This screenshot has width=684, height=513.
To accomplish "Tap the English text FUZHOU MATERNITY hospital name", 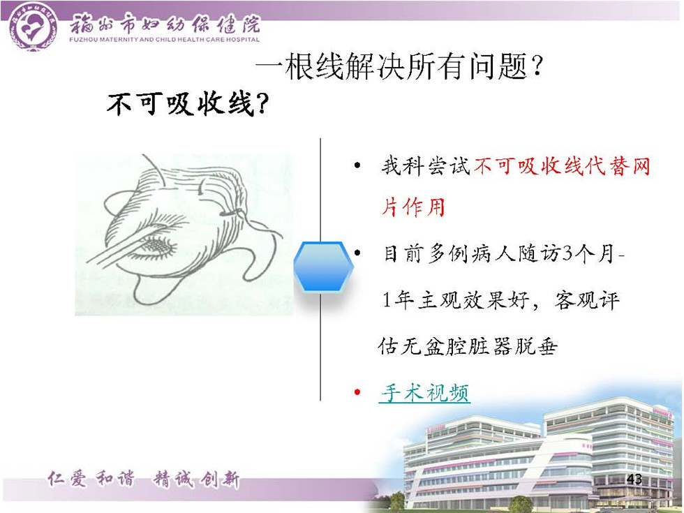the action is click(x=165, y=40).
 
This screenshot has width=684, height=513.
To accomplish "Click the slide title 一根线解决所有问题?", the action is click(x=399, y=67).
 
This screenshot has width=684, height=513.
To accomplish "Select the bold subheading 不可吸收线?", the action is click(x=187, y=104).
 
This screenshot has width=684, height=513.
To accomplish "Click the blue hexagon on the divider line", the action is click(x=322, y=267).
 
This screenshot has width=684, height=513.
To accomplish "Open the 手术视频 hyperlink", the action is click(x=424, y=392).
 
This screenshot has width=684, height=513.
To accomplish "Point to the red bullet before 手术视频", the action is click(x=357, y=392).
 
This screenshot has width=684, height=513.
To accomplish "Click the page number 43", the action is click(x=634, y=479).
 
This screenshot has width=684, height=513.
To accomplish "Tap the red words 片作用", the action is click(x=413, y=207).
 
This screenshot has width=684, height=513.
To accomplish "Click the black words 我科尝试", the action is click(x=426, y=166).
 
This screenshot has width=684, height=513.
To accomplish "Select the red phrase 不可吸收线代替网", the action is click(x=562, y=166).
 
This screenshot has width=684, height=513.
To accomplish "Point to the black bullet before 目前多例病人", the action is click(x=357, y=253).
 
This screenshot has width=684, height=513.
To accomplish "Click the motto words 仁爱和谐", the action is click(x=91, y=479).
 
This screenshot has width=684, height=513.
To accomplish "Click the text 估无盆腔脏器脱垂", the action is click(x=468, y=347).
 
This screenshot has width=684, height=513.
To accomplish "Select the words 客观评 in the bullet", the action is click(x=587, y=300).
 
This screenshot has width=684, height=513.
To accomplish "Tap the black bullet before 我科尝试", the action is click(x=357, y=165).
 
